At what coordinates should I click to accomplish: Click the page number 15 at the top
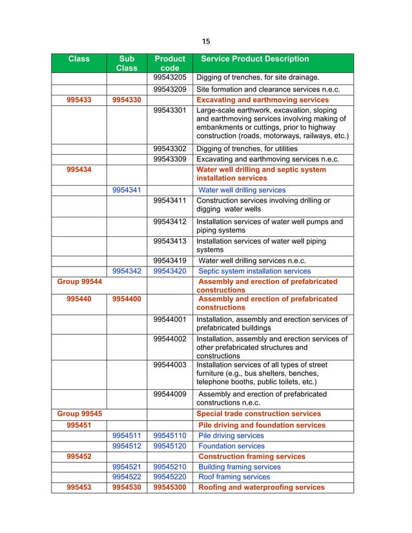pyautogui.click(x=206, y=41)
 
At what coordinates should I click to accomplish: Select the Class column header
pyautogui.click(x=79, y=59)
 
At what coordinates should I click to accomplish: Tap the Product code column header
pyautogui.click(x=170, y=63)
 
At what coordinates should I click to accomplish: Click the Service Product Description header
pyautogui.click(x=255, y=59)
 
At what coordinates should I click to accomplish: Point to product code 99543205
pyautogui.click(x=170, y=77)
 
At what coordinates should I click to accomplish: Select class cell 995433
pyautogui.click(x=79, y=100)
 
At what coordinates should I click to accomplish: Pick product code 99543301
pyautogui.click(x=170, y=110)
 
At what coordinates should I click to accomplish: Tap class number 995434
pyautogui.click(x=79, y=170)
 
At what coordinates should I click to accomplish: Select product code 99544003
pyautogui.click(x=170, y=365)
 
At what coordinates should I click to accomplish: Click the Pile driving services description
pyautogui.click(x=231, y=436)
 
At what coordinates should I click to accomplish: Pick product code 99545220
pyautogui.click(x=170, y=477)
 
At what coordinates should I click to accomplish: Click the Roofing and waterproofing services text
pyautogui.click(x=262, y=487)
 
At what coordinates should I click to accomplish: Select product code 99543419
pyautogui.click(x=170, y=261)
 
